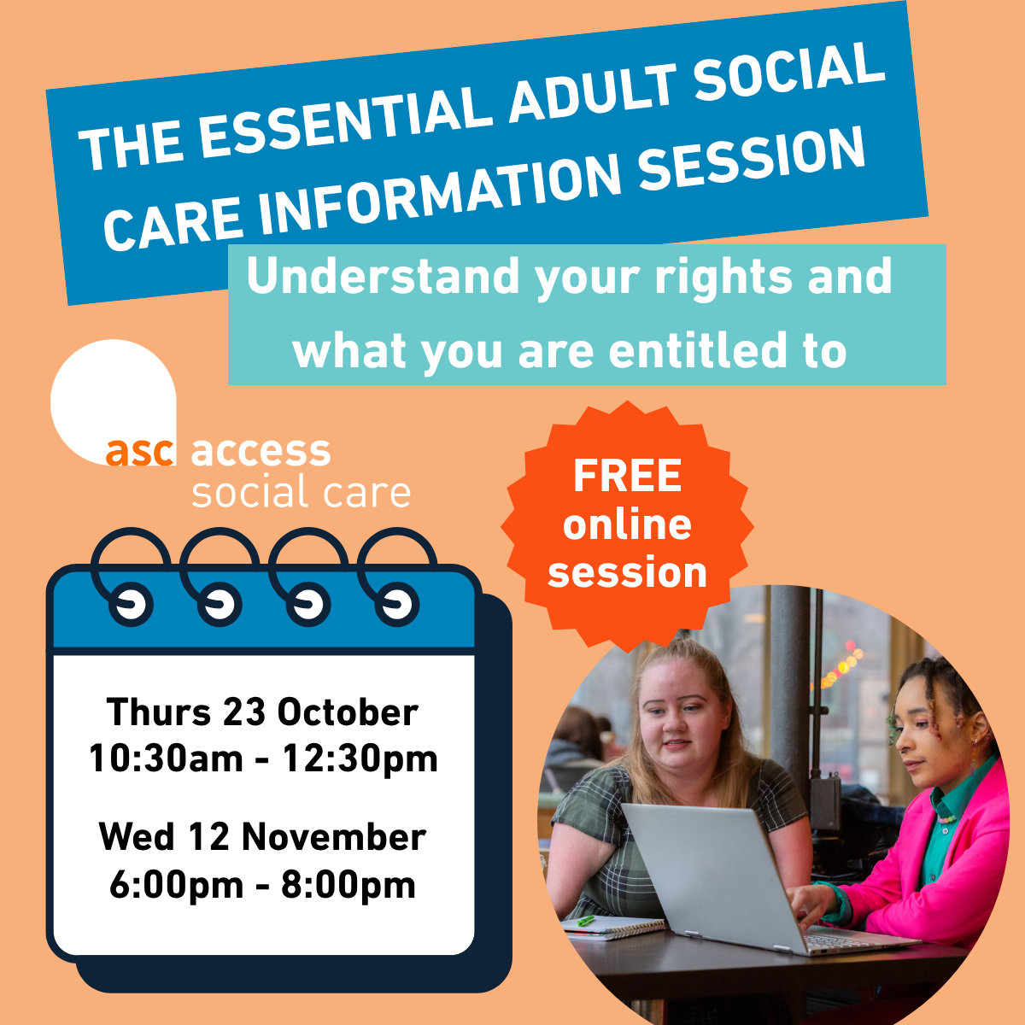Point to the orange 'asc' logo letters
[x=140, y=452]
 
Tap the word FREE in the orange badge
[x=627, y=476]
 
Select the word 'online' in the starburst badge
[x=627, y=524]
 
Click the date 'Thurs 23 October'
[x=262, y=712]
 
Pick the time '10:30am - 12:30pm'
[x=263, y=758]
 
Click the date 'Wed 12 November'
[x=262, y=836]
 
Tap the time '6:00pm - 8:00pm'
[x=262, y=884]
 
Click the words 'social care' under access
[x=301, y=493]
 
